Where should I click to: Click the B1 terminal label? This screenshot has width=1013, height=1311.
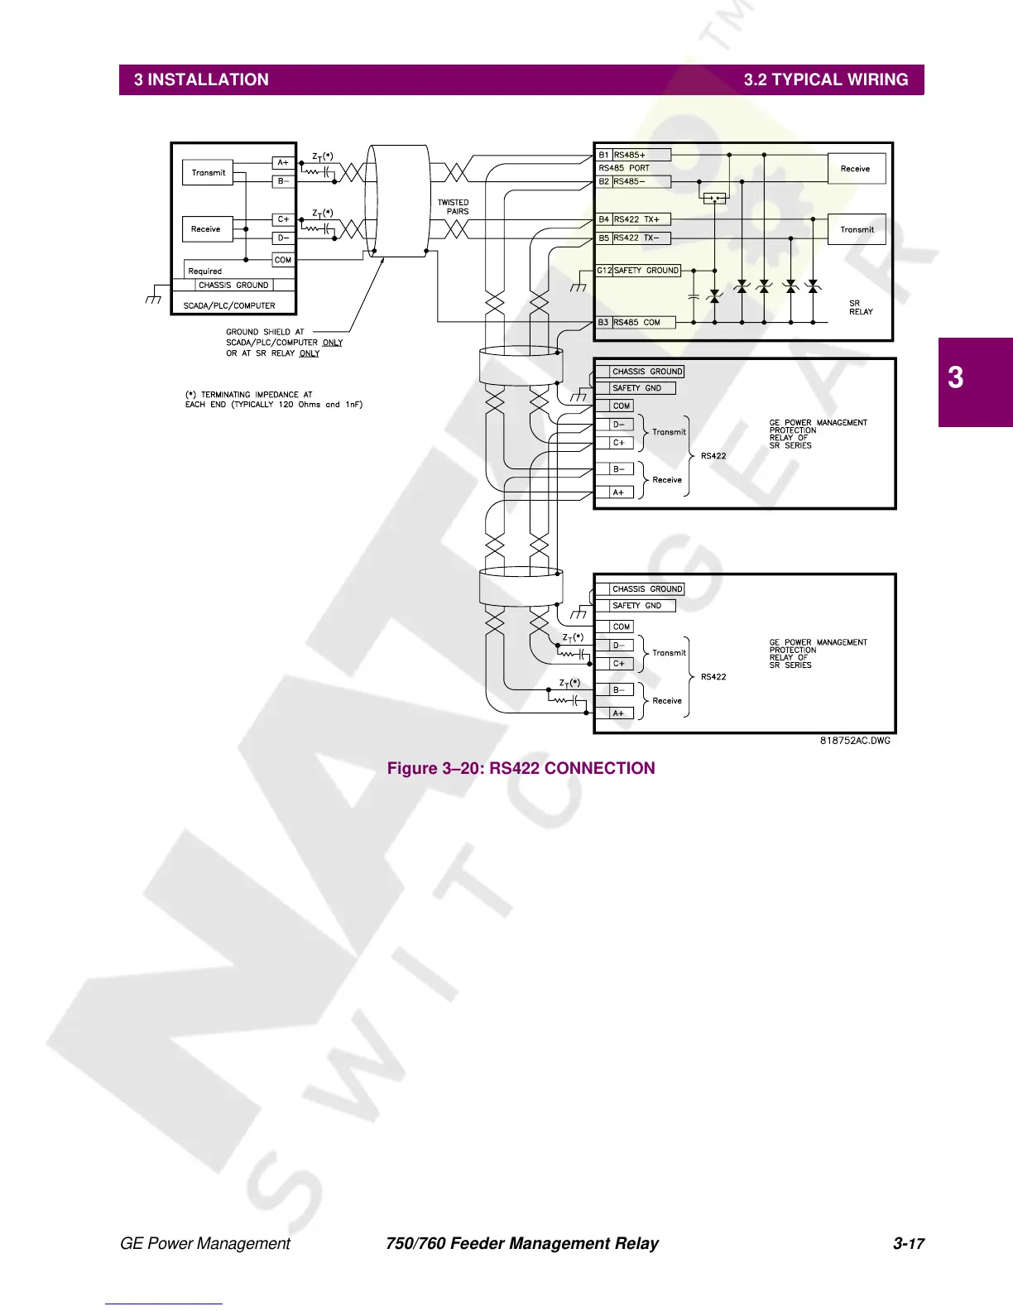coord(604,155)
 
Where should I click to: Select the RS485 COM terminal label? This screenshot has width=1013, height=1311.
coord(636,323)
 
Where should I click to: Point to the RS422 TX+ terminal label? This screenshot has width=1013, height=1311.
coord(636,219)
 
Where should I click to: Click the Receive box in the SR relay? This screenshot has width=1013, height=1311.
coord(856,169)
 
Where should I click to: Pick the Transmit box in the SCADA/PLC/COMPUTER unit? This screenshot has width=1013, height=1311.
coord(208,173)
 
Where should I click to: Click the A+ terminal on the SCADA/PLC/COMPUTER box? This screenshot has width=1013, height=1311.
coord(283,163)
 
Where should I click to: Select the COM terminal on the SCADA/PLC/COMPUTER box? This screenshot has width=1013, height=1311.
coord(283,260)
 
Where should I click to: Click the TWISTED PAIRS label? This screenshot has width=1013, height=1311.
coord(454,207)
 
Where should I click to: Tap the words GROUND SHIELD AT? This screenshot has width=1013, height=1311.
coord(265,332)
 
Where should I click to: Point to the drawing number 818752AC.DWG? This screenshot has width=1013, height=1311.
coord(855,741)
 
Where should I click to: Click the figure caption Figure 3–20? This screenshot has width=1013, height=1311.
coord(521,768)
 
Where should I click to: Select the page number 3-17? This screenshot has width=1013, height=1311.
coord(908,1243)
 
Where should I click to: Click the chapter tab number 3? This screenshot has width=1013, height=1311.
coord(956,378)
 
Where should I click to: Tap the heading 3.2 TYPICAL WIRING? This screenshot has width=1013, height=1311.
coord(825,80)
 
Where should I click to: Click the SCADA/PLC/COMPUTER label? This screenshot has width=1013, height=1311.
coord(229,305)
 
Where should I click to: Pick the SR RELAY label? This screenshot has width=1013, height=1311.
coord(861,307)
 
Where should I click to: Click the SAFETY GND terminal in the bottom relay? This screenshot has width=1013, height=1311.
coord(636,606)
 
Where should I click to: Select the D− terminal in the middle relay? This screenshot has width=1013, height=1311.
coord(618,425)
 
